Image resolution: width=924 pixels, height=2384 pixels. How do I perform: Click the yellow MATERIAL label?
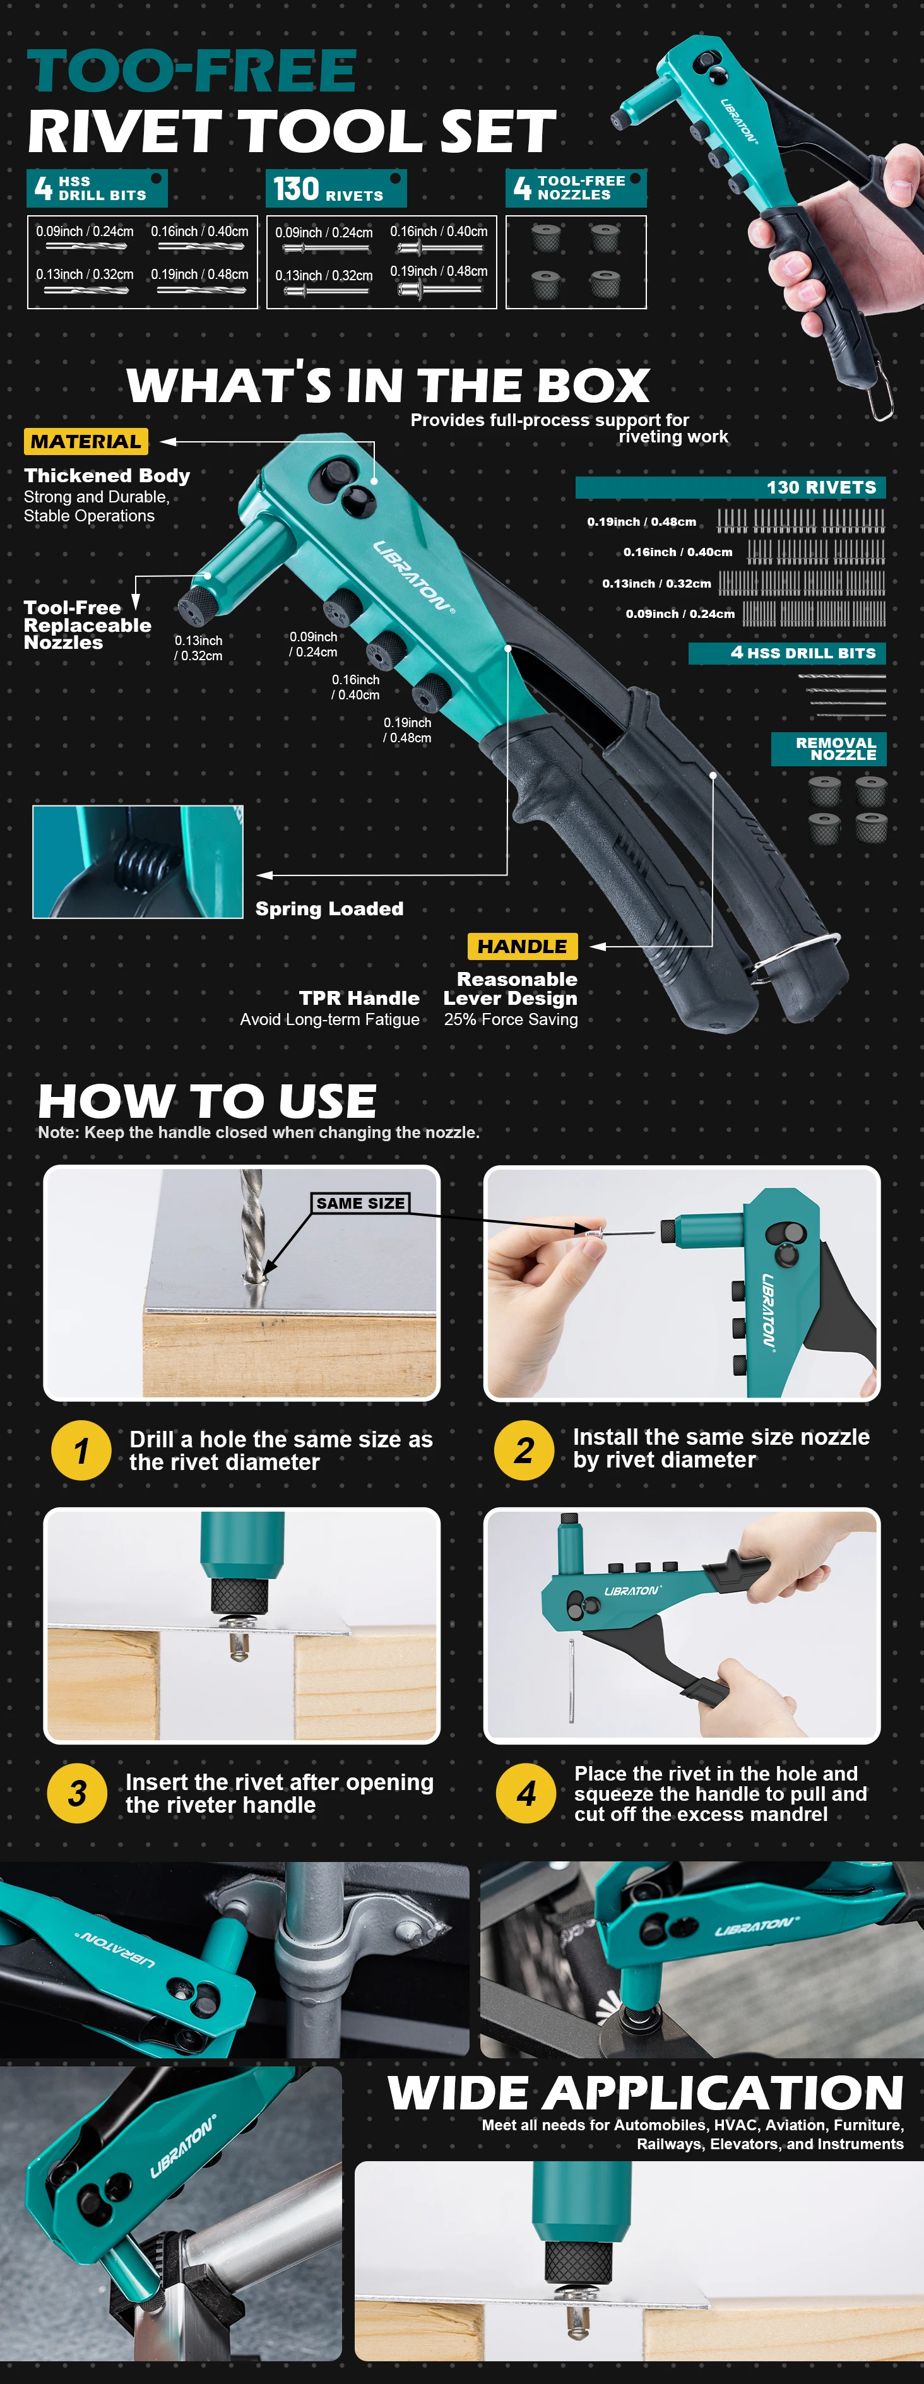click(x=86, y=441)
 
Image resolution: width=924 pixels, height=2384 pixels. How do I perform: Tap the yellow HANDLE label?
click(x=522, y=946)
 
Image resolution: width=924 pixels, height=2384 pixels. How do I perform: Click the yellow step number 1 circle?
click(x=81, y=1450)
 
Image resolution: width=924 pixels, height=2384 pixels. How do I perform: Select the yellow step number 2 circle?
click(x=524, y=1450)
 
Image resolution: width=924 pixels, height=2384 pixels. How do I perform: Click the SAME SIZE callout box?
click(x=360, y=1203)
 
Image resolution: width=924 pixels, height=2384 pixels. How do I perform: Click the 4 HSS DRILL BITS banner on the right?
click(x=787, y=653)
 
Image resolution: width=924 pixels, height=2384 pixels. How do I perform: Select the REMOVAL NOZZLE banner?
click(x=829, y=749)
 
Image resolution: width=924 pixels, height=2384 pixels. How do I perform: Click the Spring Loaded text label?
click(x=329, y=909)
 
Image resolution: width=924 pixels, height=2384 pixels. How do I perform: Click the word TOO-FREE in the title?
click(x=192, y=71)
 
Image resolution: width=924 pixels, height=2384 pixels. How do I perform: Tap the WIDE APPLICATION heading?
click(x=645, y=2092)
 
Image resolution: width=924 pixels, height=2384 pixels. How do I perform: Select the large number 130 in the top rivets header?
click(x=296, y=189)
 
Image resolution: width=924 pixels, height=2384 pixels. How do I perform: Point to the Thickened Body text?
click(x=107, y=476)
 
